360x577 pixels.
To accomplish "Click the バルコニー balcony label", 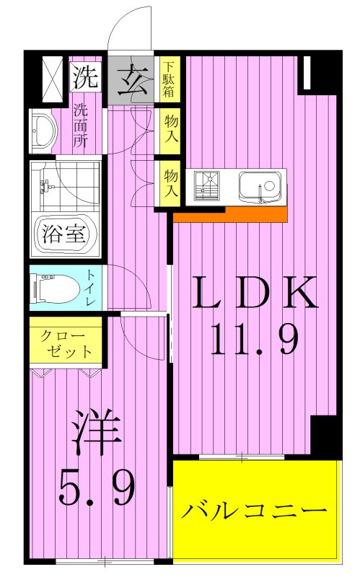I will pos(254,512).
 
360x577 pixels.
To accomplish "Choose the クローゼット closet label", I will pos(66,344).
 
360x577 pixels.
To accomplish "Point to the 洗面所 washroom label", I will pos(80,127).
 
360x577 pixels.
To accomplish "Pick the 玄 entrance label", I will pos(131,78).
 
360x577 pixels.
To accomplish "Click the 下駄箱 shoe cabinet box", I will pos(168,79).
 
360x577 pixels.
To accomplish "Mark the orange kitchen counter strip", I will pos(229,214).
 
